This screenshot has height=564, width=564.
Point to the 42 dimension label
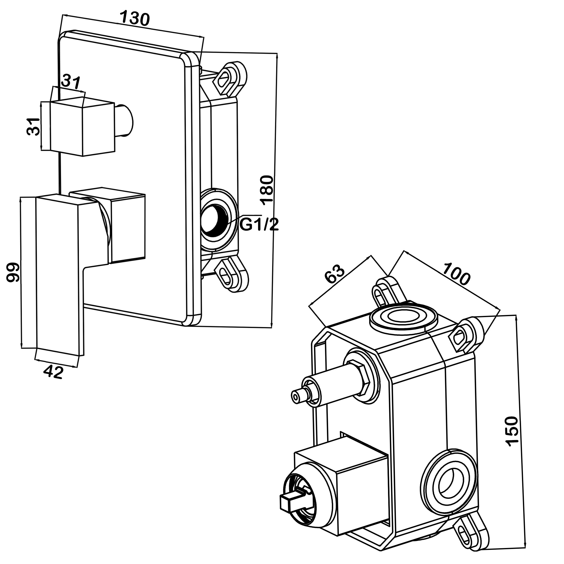[53, 372]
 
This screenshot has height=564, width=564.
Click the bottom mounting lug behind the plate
[232, 274]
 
